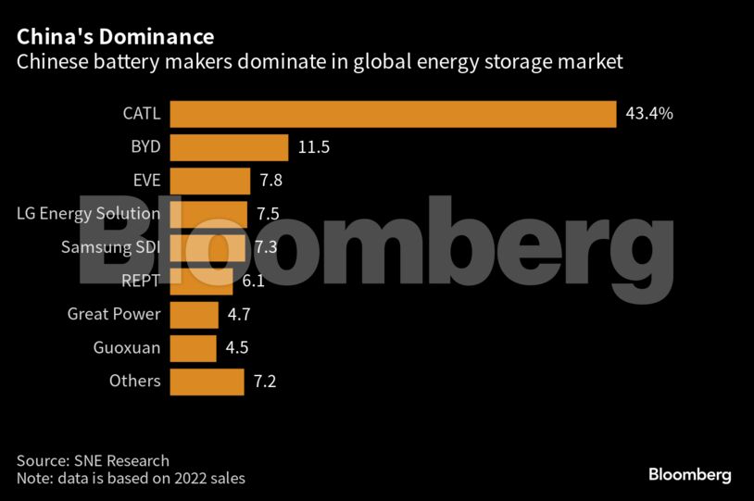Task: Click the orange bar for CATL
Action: point(394,114)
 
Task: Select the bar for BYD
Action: point(230,147)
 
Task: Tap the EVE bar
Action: point(210,181)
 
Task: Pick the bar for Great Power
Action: point(195,314)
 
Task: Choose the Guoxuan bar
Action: point(194,347)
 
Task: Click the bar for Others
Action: point(207,381)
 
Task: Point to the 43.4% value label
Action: point(649,114)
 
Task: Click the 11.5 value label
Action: point(314,147)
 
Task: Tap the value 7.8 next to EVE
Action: point(270,181)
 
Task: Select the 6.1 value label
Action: point(253,281)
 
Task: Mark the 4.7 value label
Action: point(239,314)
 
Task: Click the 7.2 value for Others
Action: point(265,381)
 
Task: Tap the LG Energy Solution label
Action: point(89,214)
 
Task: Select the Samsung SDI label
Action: point(110,247)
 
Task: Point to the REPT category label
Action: point(141,281)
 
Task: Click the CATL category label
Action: point(142,114)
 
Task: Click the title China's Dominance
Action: point(115,37)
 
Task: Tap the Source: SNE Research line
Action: point(93,460)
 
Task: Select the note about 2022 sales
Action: point(131,478)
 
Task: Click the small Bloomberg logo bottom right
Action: point(689,474)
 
